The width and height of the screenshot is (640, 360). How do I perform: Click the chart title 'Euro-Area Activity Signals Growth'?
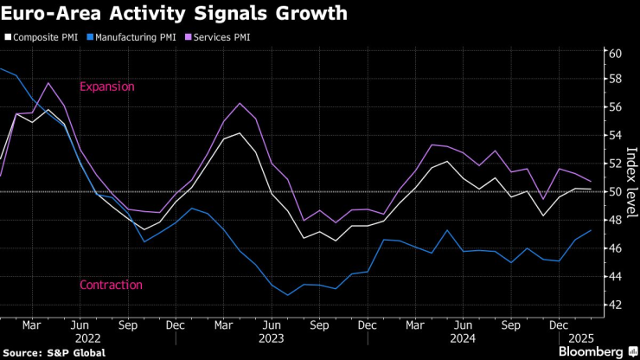176,14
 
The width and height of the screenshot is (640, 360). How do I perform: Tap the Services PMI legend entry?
219,37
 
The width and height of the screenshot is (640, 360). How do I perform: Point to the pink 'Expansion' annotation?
106,87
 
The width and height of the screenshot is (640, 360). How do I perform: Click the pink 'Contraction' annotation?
111,285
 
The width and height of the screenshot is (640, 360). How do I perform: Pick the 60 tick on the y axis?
615,54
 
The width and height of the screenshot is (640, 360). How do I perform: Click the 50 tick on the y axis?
615,191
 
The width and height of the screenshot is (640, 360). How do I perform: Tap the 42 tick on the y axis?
615,305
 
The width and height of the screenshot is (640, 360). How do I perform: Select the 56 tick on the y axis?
615,107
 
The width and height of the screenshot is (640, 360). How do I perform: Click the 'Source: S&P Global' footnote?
54,352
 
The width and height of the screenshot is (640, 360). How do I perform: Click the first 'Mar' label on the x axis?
31,325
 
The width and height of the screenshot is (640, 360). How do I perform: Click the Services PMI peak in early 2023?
240,103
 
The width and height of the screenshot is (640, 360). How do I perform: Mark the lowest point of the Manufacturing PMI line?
288,295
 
